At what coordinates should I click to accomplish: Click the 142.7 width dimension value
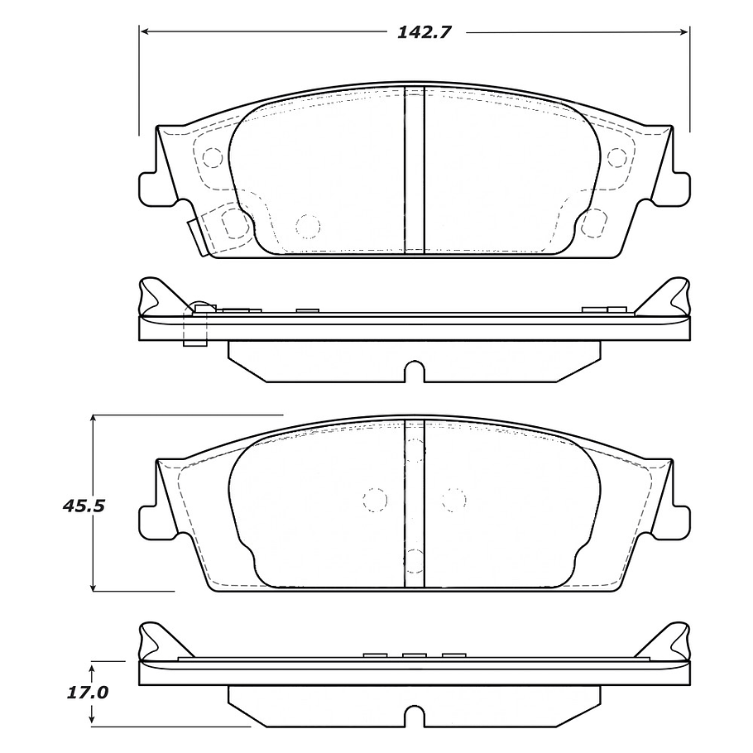click(x=419, y=32)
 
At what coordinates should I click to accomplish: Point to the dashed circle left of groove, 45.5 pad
click(x=375, y=500)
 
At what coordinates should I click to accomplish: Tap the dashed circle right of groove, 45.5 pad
click(x=453, y=499)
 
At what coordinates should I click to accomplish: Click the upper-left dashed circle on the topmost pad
click(x=213, y=156)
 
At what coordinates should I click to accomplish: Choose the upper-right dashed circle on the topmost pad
click(x=616, y=156)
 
